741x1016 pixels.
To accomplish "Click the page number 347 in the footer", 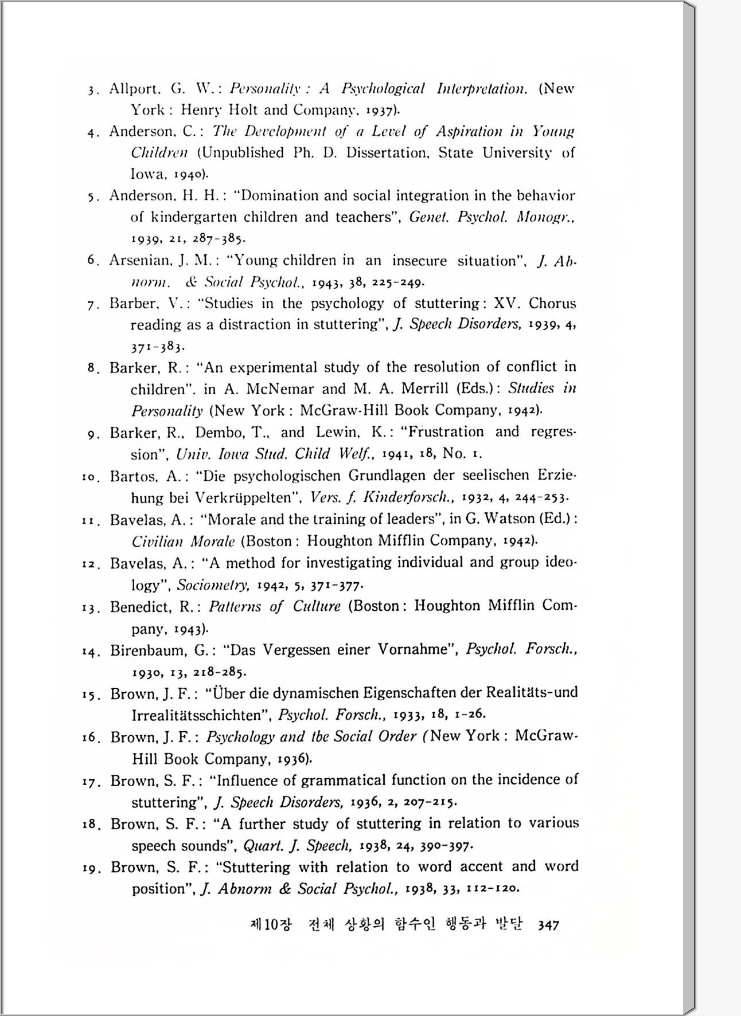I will pyautogui.click(x=548, y=925).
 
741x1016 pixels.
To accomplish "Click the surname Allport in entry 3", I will pyautogui.click(x=134, y=89).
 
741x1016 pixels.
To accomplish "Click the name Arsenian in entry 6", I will pyautogui.click(x=140, y=261).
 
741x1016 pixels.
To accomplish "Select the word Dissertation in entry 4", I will pyautogui.click(x=387, y=153).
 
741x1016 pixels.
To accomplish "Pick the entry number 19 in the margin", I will pyautogui.click(x=90, y=869).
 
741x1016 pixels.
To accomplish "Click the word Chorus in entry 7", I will pyautogui.click(x=552, y=303).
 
